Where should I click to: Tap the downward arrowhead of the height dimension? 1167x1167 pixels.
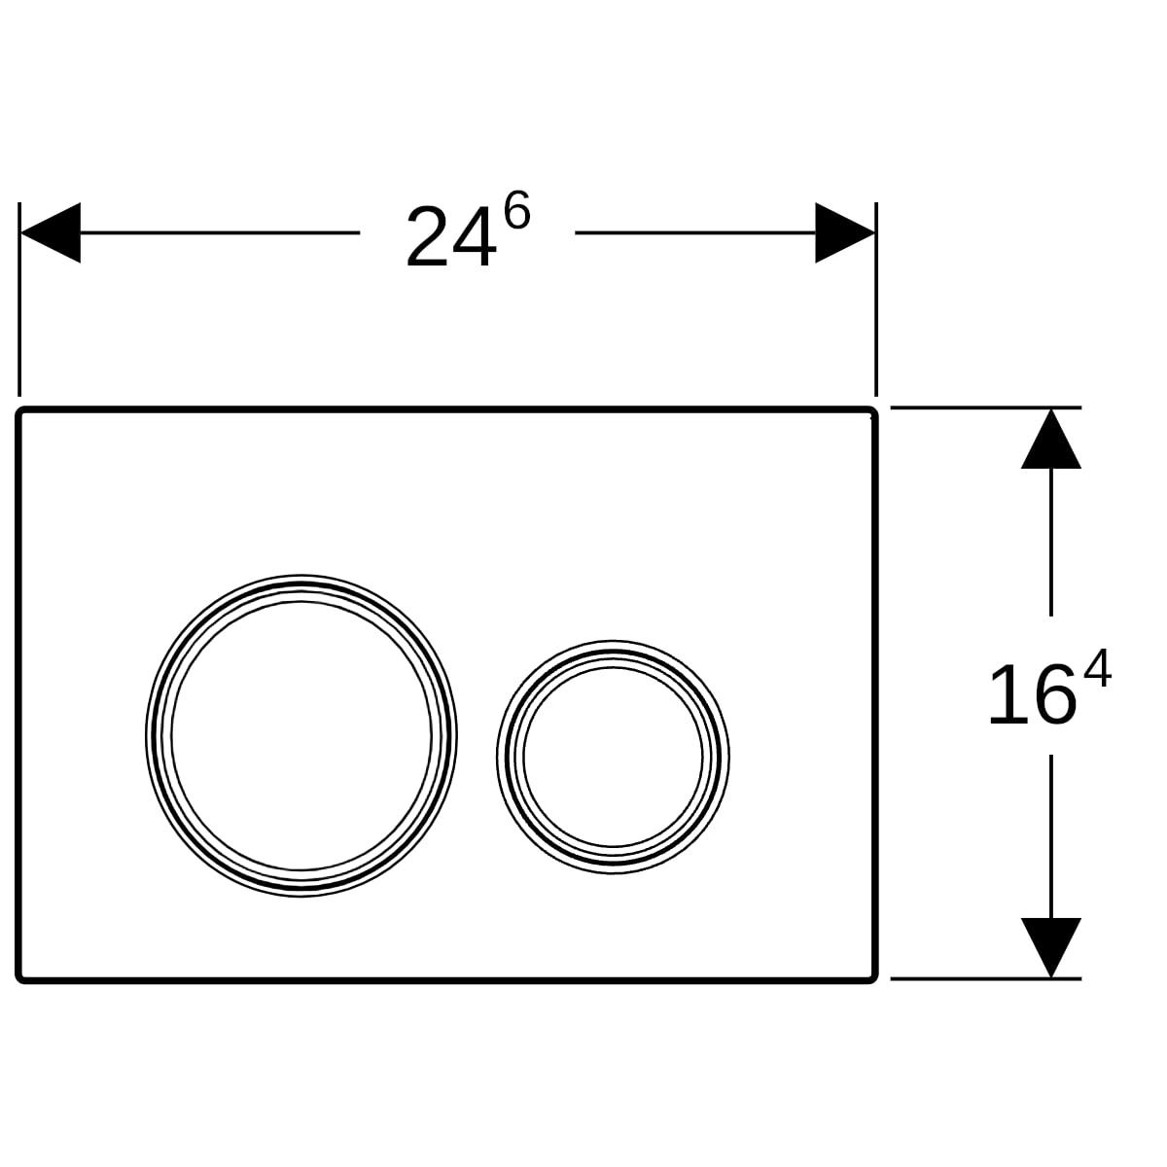click(x=1050, y=946)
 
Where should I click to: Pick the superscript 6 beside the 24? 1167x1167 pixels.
click(x=516, y=213)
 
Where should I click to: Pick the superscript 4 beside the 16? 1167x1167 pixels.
click(x=1096, y=672)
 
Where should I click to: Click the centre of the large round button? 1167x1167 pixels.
click(x=301, y=735)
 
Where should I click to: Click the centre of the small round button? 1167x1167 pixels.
click(x=613, y=757)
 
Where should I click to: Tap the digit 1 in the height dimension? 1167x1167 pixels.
click(x=1008, y=696)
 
